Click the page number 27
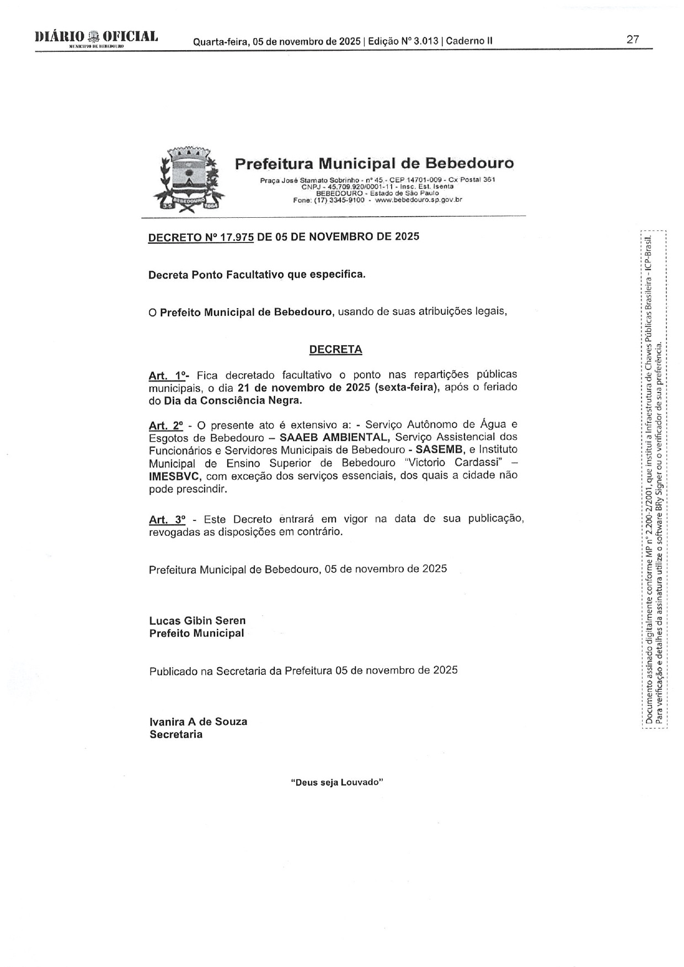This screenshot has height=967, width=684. pos(632,40)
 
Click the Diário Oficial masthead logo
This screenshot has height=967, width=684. pos(96,39)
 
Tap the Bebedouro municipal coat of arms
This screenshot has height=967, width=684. pos(189,178)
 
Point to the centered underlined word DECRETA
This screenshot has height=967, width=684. pos(335,350)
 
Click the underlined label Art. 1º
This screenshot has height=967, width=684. pos(168,375)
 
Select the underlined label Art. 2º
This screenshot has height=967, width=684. pos(165,426)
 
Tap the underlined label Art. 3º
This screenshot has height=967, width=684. pos(167,519)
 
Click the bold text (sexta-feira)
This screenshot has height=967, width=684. pos(406,387)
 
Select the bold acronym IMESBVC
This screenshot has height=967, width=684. pos(174,476)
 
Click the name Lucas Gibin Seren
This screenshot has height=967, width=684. pos(197,621)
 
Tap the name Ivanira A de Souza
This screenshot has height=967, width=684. pos(198,722)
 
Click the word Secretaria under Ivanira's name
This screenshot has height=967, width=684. pos(175,734)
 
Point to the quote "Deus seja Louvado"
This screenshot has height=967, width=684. pos(336,782)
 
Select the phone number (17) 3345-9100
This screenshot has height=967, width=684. pos(336,200)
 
